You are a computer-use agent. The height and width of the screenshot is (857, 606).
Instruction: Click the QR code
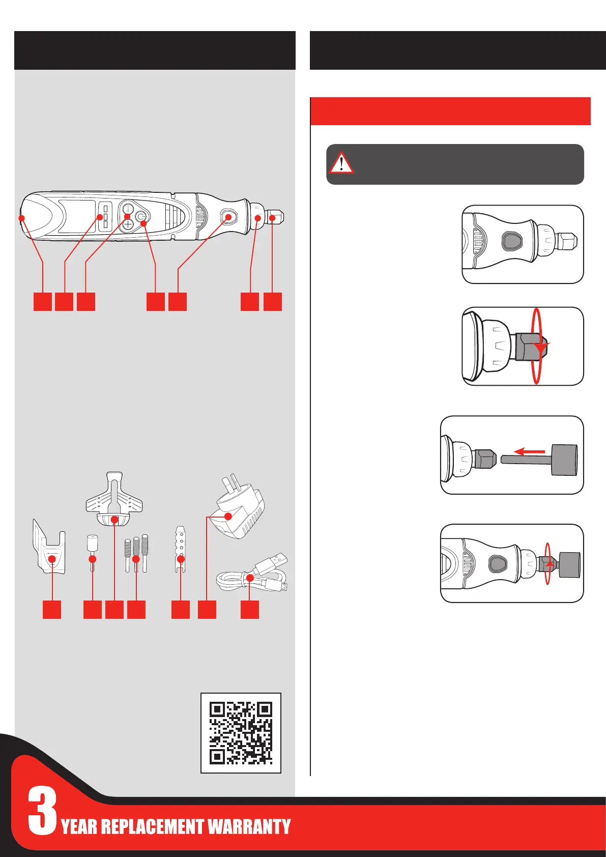[241, 733]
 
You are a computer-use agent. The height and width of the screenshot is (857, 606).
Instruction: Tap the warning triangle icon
[341, 163]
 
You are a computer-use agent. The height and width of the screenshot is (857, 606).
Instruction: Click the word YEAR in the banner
[79, 826]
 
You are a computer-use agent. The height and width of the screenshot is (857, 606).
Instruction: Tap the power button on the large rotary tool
[141, 217]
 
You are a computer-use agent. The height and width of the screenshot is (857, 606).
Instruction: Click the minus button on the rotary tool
[127, 209]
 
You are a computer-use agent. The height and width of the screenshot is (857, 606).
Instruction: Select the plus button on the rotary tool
[127, 224]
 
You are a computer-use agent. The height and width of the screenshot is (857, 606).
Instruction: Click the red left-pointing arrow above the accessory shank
[530, 452]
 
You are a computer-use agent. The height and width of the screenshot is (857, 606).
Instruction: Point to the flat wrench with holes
[181, 549]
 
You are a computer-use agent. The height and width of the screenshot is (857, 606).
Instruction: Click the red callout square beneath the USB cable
[250, 610]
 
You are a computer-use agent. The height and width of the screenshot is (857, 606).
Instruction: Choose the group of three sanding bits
[136, 554]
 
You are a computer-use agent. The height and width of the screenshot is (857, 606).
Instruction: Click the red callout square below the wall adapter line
[207, 610]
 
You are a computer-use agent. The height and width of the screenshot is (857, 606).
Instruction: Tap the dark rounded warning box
[455, 164]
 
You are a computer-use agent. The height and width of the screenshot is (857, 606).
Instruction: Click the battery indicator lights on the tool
[105, 216]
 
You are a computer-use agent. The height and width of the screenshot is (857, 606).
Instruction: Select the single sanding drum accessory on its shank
[92, 553]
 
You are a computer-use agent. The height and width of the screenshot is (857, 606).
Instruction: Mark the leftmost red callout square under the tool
[43, 301]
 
